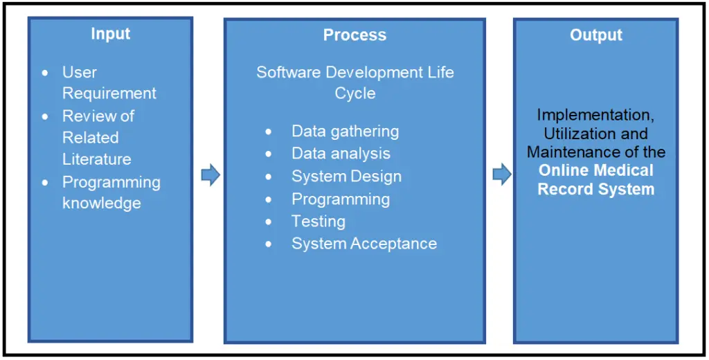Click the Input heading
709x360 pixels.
(110, 34)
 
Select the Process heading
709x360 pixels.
(354, 35)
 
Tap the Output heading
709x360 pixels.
(595, 35)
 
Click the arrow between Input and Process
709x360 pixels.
(210, 176)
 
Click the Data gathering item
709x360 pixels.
(345, 131)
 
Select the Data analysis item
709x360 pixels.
(341, 154)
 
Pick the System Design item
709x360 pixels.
(346, 177)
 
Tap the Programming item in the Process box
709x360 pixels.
(340, 199)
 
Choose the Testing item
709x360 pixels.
(318, 222)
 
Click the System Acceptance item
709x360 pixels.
(364, 244)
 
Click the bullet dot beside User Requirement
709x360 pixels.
(46, 73)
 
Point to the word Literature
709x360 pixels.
(96, 159)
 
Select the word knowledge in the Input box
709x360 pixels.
(101, 204)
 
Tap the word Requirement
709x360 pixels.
(109, 93)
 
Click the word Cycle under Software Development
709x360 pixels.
(354, 93)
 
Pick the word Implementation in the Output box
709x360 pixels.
(595, 114)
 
